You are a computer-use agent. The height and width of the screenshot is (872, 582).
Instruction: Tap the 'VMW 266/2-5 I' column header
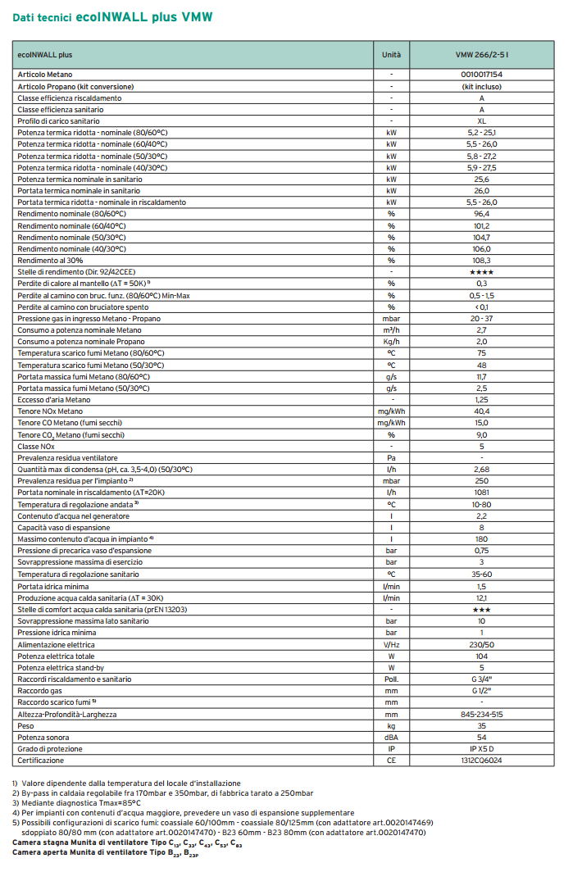pyautogui.click(x=481, y=55)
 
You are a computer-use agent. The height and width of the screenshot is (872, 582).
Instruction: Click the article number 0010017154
pyautogui.click(x=481, y=75)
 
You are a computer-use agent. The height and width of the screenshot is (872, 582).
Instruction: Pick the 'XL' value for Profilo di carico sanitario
pyautogui.click(x=481, y=120)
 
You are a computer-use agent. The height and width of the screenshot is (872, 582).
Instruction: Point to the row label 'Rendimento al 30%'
pyautogui.click(x=51, y=260)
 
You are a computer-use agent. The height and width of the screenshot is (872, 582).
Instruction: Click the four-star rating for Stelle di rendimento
pyautogui.click(x=481, y=271)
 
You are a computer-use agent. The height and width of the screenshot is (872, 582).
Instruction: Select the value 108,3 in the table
pyautogui.click(x=481, y=260)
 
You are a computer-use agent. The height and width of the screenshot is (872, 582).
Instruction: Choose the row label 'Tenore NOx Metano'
pyautogui.click(x=51, y=411)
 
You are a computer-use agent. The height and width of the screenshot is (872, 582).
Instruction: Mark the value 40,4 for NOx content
pyautogui.click(x=481, y=411)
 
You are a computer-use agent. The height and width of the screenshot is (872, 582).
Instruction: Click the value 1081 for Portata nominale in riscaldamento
pyautogui.click(x=481, y=492)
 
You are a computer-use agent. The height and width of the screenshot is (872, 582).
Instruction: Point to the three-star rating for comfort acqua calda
pyautogui.click(x=481, y=609)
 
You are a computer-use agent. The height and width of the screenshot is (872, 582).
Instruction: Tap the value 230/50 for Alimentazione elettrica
pyautogui.click(x=481, y=644)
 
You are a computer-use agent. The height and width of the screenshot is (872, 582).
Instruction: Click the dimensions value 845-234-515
pyautogui.click(x=481, y=714)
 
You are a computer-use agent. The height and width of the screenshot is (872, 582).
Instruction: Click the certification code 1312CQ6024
pyautogui.click(x=481, y=761)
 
